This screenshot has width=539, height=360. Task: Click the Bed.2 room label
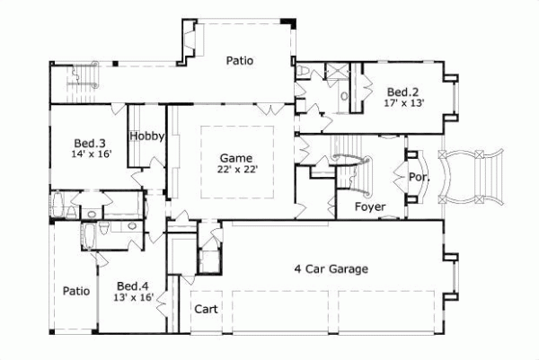[401, 92]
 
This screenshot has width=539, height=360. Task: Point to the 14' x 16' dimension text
[90, 154]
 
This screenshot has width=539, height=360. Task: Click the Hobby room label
[146, 136]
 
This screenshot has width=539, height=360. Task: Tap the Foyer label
[370, 207]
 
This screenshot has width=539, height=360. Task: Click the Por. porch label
[419, 177]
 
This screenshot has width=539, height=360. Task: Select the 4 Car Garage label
[331, 268]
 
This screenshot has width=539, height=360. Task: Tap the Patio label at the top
[239, 62]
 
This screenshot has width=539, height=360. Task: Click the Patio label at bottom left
[75, 291]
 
